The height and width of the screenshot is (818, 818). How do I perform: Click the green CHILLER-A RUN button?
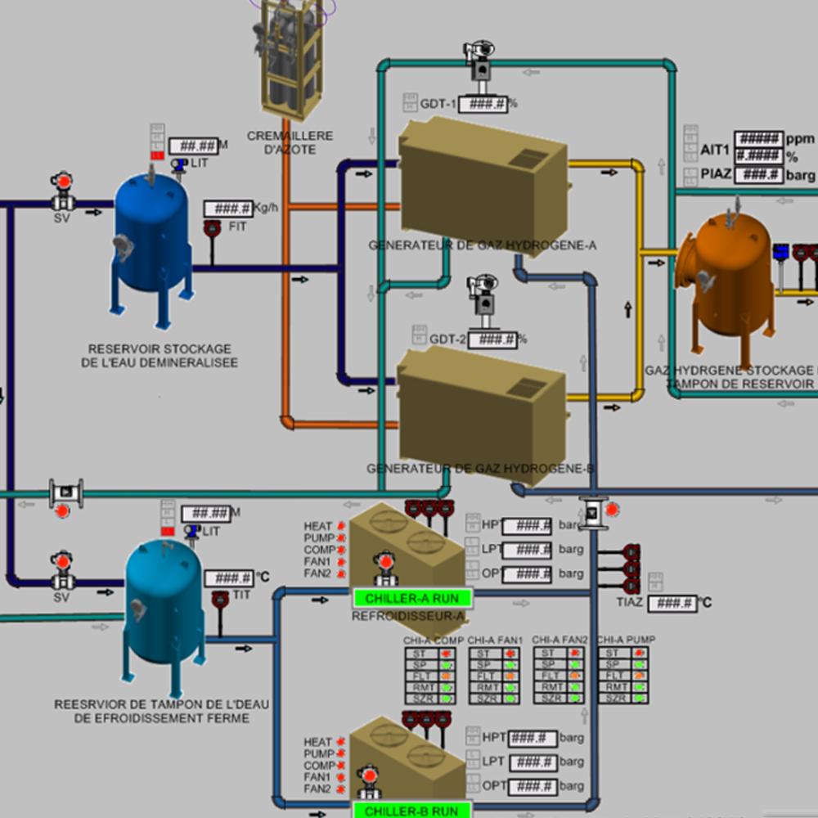(412, 599)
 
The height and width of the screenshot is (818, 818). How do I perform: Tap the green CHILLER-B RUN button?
(412, 811)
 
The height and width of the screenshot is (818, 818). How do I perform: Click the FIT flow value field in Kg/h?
(228, 209)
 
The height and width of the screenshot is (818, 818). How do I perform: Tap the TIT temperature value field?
(228, 578)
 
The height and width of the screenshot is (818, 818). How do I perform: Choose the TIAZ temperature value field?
(672, 604)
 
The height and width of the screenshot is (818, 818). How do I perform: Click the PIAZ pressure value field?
(758, 174)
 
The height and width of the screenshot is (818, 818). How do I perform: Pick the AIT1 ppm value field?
(758, 139)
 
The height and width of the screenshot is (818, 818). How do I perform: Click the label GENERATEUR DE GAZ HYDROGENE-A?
(483, 245)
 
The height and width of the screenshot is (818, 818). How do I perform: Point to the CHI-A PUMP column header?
(626, 640)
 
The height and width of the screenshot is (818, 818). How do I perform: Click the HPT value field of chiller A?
(527, 525)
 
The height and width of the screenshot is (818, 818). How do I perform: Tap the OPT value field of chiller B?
(532, 786)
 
